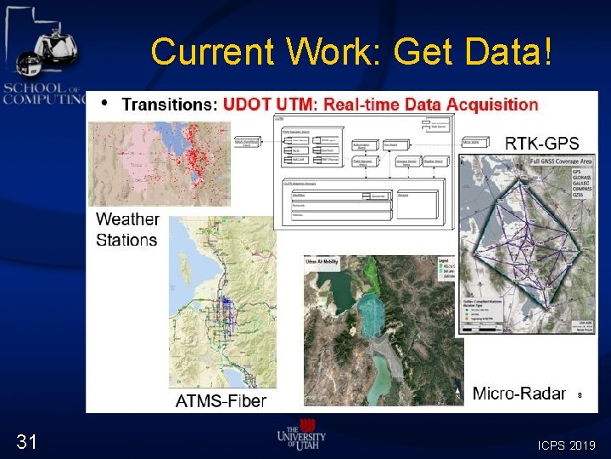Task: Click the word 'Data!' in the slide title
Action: point(509,53)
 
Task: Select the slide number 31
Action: point(26,440)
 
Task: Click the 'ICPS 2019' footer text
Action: point(566,445)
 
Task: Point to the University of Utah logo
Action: point(301,436)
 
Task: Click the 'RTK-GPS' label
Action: point(542,143)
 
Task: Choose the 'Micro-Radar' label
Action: point(519,393)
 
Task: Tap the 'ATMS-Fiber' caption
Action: point(221,400)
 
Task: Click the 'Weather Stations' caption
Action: point(127,229)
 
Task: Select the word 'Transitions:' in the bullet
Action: point(170,105)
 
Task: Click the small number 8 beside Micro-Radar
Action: point(580,394)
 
